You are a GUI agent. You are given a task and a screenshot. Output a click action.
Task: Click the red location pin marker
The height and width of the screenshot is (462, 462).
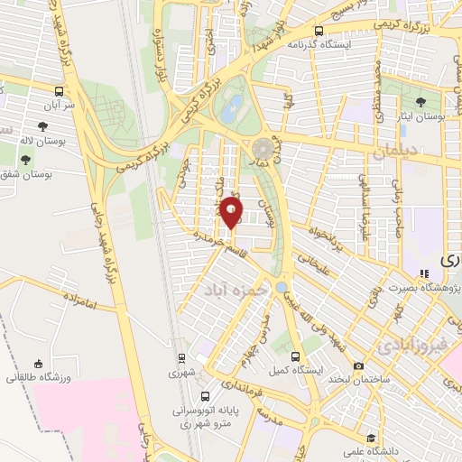point(232,213)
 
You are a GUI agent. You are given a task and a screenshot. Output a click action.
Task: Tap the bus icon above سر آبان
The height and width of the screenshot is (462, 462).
point(60,91)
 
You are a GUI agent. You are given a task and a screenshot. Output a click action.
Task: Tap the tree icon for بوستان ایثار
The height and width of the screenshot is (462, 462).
point(421,103)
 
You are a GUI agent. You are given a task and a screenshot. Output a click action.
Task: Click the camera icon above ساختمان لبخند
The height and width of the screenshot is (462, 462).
point(359,366)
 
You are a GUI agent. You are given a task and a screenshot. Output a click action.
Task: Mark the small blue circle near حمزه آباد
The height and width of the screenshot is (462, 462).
point(282,287)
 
